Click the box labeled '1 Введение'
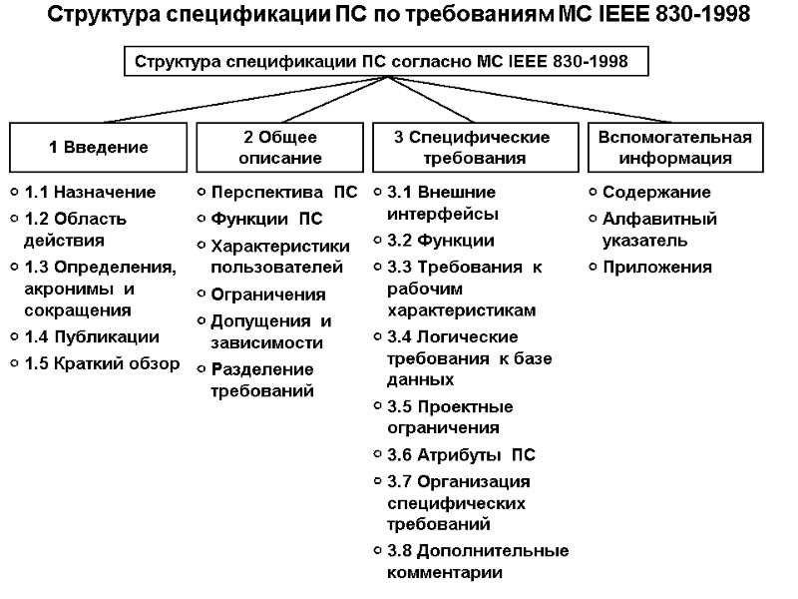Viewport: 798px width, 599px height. point(99,148)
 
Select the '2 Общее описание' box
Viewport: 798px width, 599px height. point(281,148)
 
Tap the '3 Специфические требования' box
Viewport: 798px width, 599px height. point(474,148)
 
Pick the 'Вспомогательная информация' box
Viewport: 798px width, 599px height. point(674,148)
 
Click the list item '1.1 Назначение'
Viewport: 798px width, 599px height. point(90,192)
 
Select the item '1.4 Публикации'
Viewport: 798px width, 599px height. point(92,336)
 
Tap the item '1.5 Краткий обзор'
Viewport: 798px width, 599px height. point(102,362)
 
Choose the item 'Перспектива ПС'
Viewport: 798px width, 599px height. point(283,192)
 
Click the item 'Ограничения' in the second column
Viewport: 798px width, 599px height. point(268,295)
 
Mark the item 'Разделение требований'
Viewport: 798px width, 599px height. point(262,379)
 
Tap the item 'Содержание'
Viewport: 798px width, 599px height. point(656,192)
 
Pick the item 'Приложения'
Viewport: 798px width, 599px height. point(656,267)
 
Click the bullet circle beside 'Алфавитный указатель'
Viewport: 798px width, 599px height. point(594,218)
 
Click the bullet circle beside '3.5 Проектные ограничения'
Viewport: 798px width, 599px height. point(377,407)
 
